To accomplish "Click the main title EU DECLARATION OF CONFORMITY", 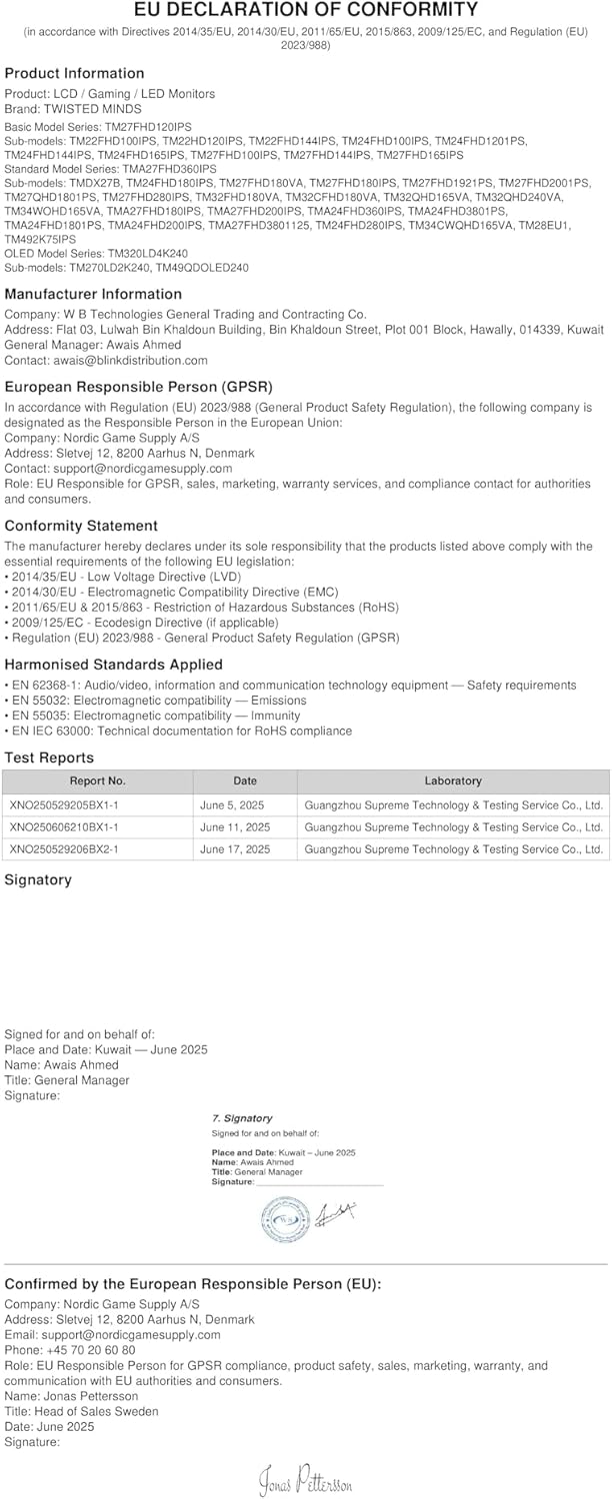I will [x=306, y=10].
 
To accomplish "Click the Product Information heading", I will [x=74, y=73].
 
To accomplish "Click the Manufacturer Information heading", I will [x=93, y=294].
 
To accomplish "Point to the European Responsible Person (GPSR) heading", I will [x=139, y=386].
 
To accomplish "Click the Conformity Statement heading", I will [x=81, y=526].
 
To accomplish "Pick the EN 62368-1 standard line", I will [x=290, y=686].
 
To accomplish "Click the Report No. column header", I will [x=97, y=780].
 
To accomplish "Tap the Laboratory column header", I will [x=453, y=780].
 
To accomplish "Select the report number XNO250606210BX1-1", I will [x=64, y=826].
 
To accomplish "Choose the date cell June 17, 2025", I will [x=235, y=849].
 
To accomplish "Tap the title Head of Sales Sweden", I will [x=96, y=1411].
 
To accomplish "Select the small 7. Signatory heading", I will [x=242, y=1118].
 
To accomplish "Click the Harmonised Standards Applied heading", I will [x=113, y=665].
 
